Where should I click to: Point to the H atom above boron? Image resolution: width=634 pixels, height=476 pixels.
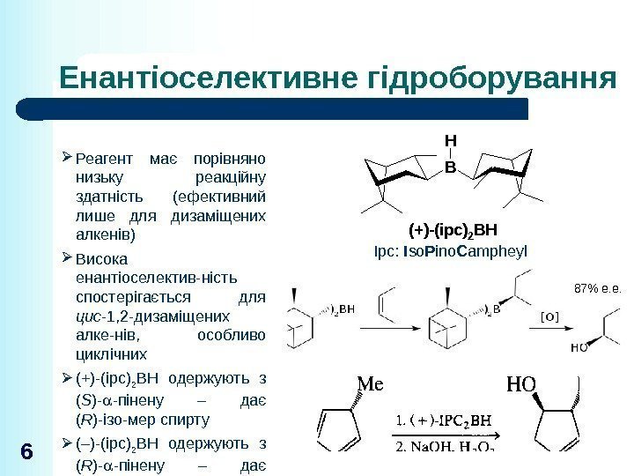click(450, 141)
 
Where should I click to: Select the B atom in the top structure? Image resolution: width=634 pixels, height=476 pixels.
click(450, 164)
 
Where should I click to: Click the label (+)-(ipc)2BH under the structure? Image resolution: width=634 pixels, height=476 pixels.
click(453, 231)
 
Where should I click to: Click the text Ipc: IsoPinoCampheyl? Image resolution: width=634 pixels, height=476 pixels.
click(451, 251)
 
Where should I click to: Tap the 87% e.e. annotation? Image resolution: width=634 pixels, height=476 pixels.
click(597, 287)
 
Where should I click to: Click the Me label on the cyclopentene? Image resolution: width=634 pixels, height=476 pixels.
click(373, 384)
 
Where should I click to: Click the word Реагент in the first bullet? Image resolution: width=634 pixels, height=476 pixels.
click(101, 159)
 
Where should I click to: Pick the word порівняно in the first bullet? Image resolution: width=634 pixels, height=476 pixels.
click(230, 159)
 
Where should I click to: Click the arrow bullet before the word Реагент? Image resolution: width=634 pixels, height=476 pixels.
click(70, 159)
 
